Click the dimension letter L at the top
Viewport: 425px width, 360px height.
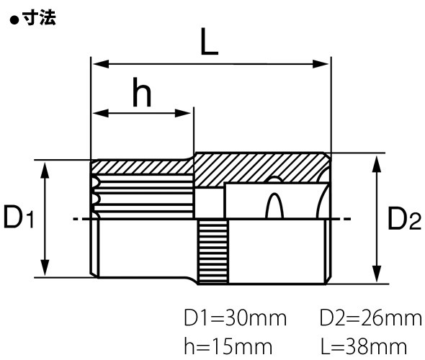tap(208, 45)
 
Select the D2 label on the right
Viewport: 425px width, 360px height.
tap(404, 219)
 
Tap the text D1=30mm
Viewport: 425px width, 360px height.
tap(235, 318)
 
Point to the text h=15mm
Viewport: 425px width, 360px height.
tap(228, 346)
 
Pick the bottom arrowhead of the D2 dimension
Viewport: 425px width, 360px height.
tap(375, 278)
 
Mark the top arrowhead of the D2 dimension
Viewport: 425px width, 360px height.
tap(375, 160)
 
